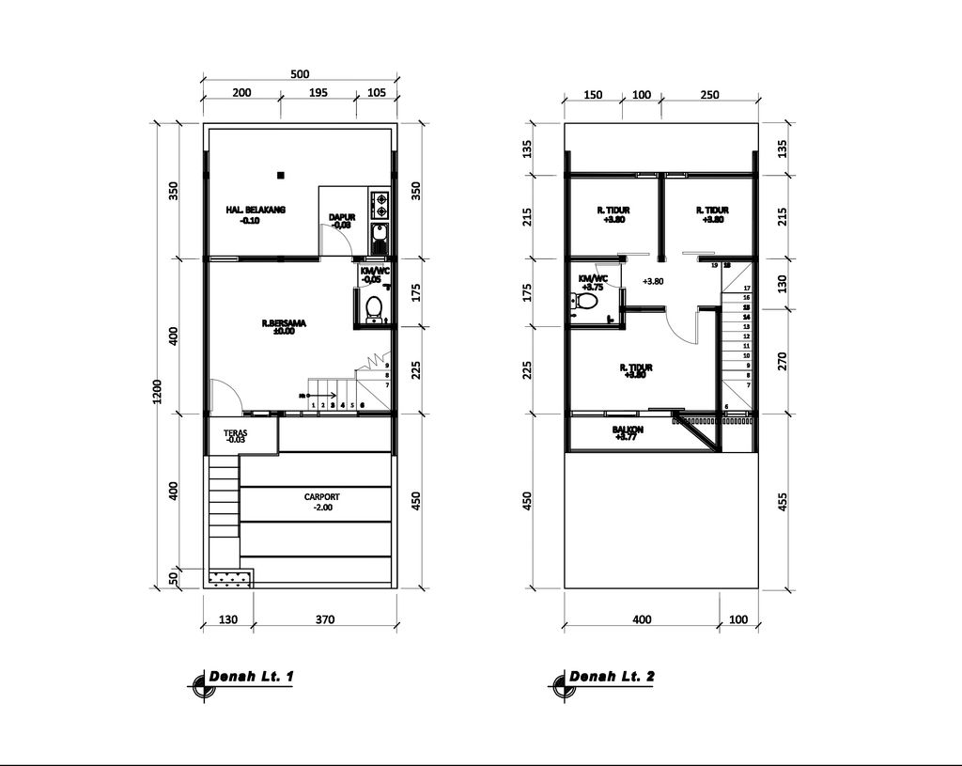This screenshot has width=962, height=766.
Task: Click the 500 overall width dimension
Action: point(300,74)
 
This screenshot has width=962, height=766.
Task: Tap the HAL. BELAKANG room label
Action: point(256,211)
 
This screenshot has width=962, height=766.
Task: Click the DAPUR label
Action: point(341,218)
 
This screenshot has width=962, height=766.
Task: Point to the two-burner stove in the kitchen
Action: point(380,201)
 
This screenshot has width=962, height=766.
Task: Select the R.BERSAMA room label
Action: point(284,323)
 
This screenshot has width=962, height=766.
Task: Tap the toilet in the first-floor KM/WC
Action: point(374,306)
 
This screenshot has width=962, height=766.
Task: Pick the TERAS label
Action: point(235,434)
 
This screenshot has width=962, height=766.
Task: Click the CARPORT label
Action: point(321,497)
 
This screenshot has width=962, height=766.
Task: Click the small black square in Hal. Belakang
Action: point(280,174)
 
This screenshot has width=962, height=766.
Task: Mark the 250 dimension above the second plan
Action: point(709,95)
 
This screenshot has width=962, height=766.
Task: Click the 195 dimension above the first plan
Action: point(318,92)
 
